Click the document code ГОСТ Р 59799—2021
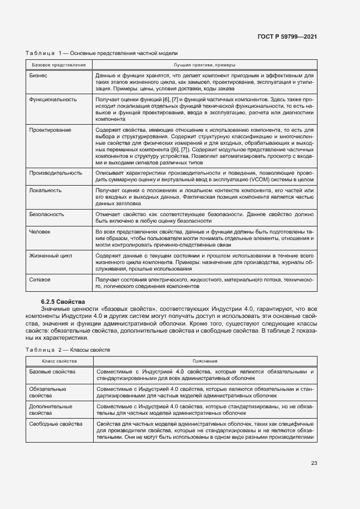pos(287,36)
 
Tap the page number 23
pos(314,463)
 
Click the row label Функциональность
pos(53,100)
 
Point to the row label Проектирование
pos(50,130)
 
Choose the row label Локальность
pos(45,190)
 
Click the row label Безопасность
pos(47,214)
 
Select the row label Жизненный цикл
pos(50,255)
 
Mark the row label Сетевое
pos(40,279)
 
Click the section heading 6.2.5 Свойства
pos(63,301)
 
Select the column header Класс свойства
pos(59,361)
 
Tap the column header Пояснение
pos(204,361)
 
